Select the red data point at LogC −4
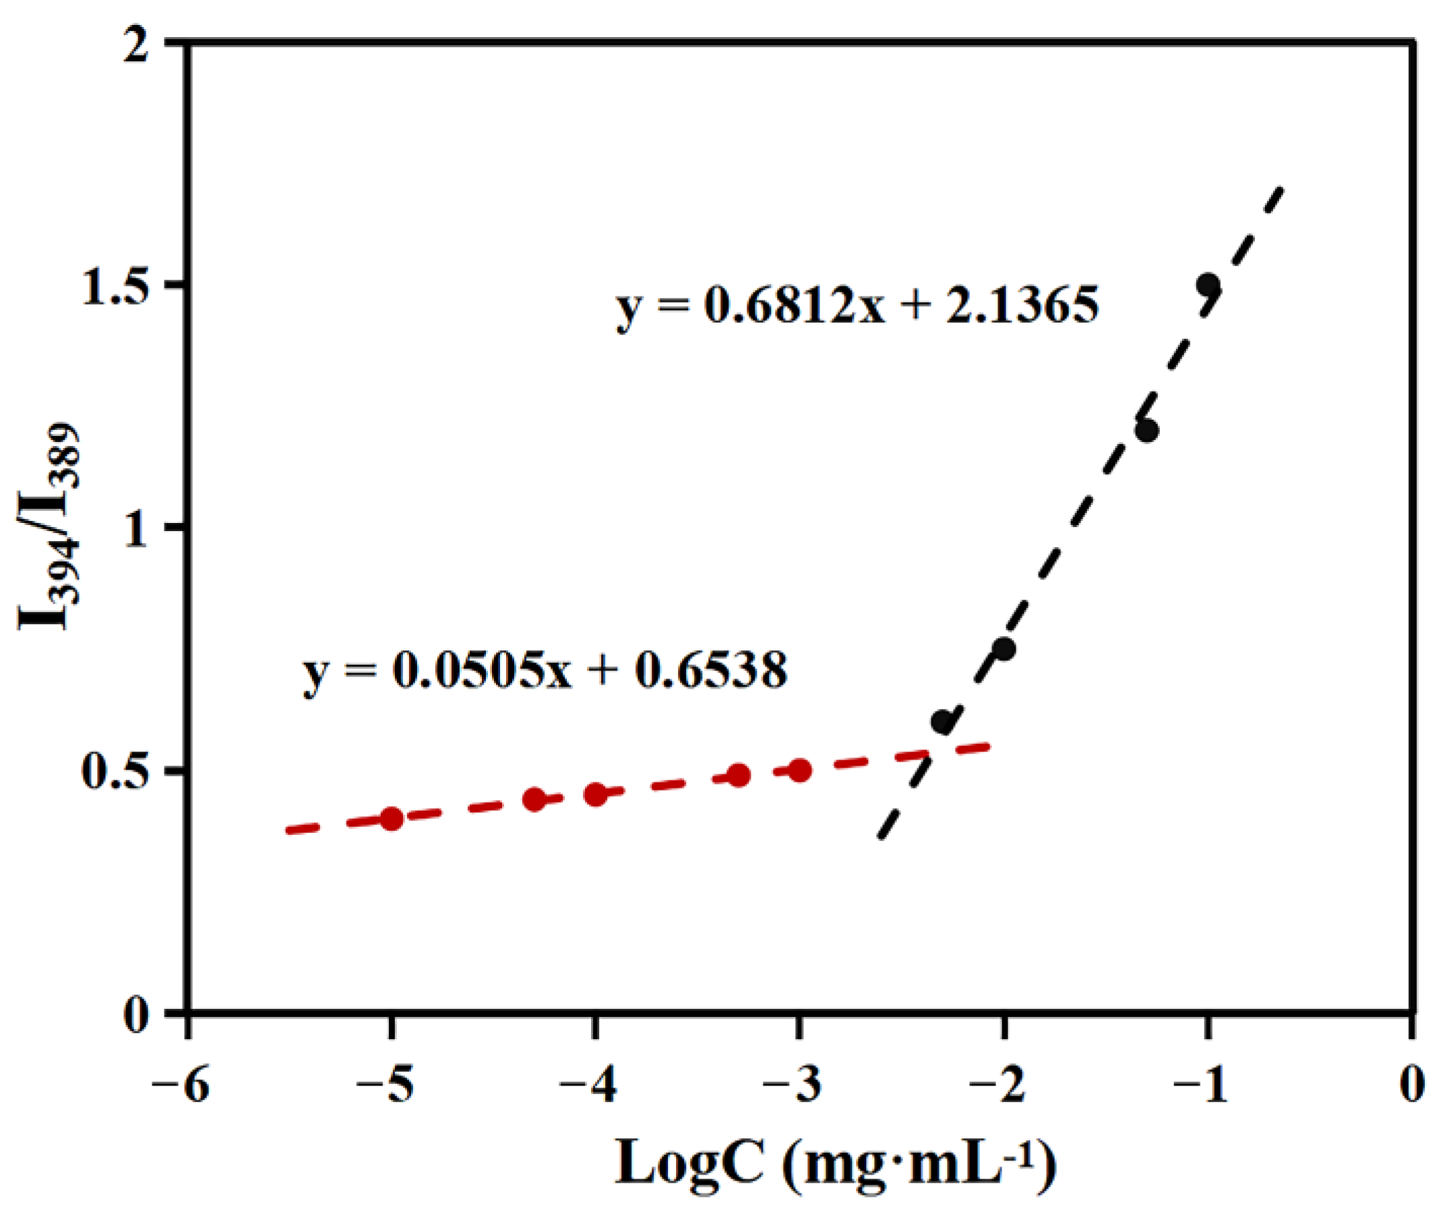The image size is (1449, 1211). (x=596, y=795)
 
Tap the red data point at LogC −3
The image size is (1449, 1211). (x=800, y=771)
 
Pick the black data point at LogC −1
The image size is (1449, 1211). (x=1208, y=284)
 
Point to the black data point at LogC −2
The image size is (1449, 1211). (x=1005, y=648)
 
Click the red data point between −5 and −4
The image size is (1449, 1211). (x=534, y=801)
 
